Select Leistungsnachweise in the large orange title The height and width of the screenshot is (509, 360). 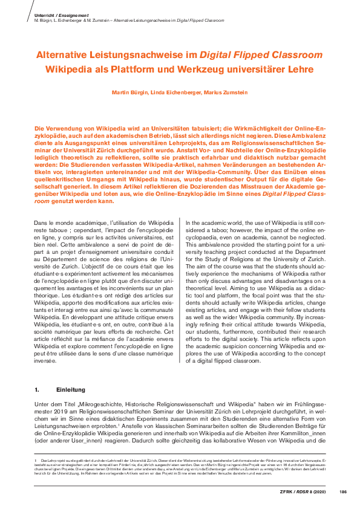pyautogui.click(x=137, y=55)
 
